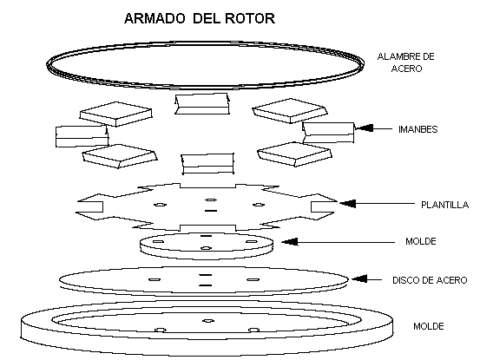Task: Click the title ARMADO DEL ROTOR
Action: [x=200, y=18]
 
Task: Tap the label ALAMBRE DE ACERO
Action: [x=406, y=62]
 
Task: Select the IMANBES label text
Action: [x=418, y=129]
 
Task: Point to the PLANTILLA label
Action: [x=444, y=205]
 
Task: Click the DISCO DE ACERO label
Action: [x=430, y=280]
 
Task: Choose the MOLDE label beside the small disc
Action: [x=421, y=241]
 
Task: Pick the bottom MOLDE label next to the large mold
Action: [x=429, y=326]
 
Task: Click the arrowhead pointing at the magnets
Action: [x=365, y=128]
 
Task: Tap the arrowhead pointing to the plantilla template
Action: [x=347, y=203]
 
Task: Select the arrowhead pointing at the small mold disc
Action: [x=290, y=242]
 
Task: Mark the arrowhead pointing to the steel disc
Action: [x=359, y=279]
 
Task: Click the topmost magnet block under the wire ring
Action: [x=202, y=104]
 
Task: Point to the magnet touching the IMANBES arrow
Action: [x=328, y=133]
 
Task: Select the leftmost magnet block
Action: [x=82, y=136]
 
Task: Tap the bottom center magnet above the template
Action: [x=207, y=164]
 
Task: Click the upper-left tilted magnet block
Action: [x=115, y=115]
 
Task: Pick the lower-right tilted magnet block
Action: [x=294, y=154]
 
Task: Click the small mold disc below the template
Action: [x=207, y=246]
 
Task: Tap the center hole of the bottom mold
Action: [x=208, y=321]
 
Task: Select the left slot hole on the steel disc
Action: [x=155, y=279]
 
